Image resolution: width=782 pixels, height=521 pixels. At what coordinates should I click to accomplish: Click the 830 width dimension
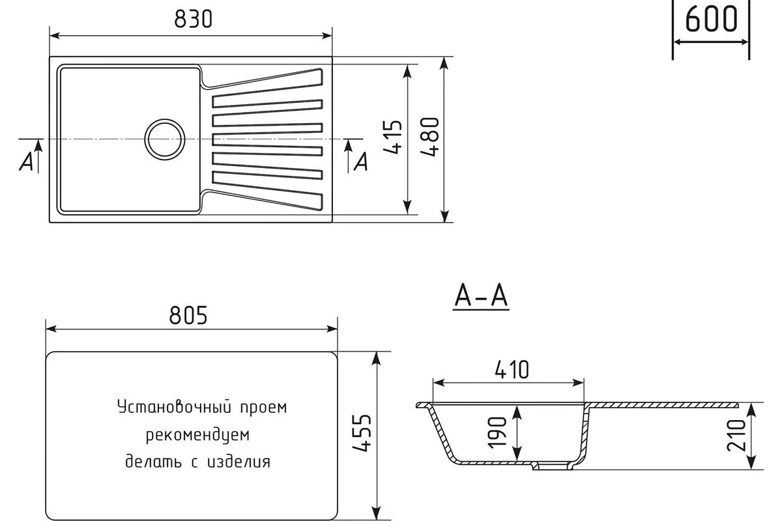click(193, 19)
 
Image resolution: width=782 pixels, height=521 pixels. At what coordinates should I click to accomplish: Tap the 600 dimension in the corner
click(711, 19)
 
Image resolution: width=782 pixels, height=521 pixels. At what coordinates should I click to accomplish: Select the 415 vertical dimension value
click(393, 137)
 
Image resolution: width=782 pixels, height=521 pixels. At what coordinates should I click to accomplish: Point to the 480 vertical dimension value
click(429, 137)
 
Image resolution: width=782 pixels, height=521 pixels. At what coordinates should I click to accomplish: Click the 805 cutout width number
click(188, 315)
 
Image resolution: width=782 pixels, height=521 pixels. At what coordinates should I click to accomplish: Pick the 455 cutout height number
click(362, 434)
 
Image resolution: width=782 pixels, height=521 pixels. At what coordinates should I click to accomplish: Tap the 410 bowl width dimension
click(512, 370)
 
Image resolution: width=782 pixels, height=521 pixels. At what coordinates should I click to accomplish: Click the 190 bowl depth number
click(497, 432)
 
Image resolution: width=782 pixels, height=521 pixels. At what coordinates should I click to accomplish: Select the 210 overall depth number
click(736, 436)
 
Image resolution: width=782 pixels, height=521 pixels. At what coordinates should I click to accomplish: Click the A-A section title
click(481, 297)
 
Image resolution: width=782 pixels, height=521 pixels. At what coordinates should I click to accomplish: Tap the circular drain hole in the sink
click(165, 139)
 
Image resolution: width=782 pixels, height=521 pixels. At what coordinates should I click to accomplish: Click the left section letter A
click(27, 162)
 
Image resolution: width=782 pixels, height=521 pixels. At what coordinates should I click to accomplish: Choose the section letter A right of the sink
click(361, 162)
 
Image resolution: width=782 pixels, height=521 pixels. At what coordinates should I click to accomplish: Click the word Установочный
click(175, 407)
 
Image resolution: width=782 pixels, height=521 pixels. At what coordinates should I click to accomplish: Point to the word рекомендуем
click(197, 435)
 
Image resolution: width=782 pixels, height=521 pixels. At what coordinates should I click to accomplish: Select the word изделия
click(239, 462)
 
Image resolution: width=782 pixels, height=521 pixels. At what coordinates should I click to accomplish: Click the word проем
click(263, 408)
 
